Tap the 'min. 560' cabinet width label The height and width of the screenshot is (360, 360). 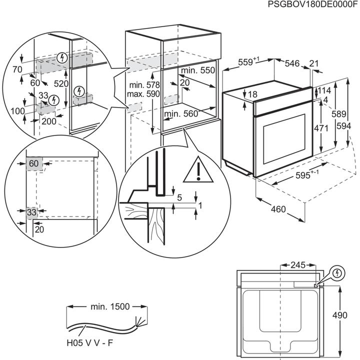click(181, 114)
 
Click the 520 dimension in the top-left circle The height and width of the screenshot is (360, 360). click(61, 84)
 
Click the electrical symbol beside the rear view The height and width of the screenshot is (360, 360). click(338, 272)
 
